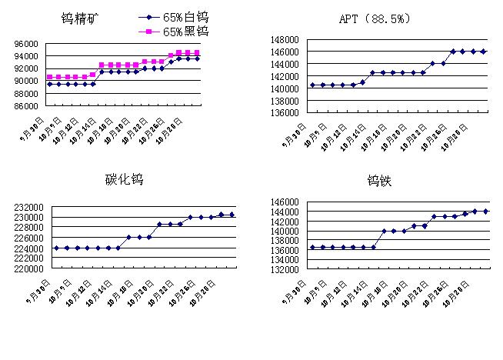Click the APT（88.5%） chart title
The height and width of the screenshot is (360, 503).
click(x=374, y=19)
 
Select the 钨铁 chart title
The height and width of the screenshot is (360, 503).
click(x=381, y=182)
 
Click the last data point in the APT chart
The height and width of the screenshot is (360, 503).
click(x=483, y=52)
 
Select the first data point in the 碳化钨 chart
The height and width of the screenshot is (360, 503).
click(x=57, y=248)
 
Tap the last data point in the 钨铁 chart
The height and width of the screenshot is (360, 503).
click(x=485, y=211)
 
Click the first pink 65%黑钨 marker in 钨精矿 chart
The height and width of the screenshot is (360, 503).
click(x=50, y=77)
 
